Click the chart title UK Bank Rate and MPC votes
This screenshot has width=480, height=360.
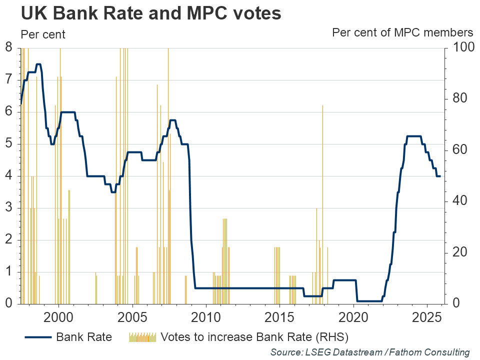click(x=151, y=14)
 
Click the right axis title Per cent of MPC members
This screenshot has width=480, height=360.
click(x=402, y=33)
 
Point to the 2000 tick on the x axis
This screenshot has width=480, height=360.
click(x=58, y=317)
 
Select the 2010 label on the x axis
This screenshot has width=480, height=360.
click(x=206, y=317)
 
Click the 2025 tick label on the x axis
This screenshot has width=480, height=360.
click(x=427, y=317)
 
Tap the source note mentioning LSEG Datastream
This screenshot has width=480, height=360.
click(x=370, y=352)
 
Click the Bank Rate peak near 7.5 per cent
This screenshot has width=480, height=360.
click(x=38, y=64)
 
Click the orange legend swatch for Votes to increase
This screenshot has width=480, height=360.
click(x=143, y=337)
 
